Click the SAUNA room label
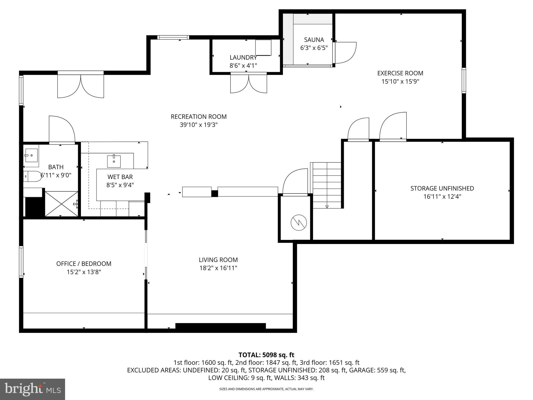[x=314, y=40]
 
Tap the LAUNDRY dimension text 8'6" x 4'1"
[x=243, y=66]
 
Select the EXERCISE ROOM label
[x=400, y=73]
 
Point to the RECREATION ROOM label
[x=199, y=117]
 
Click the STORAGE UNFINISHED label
[x=442, y=188]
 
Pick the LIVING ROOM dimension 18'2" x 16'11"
[x=218, y=268]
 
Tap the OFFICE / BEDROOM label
[x=84, y=264]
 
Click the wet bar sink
[x=114, y=161]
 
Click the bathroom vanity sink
[x=31, y=155]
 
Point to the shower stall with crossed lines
[x=61, y=204]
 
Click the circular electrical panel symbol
[x=299, y=223]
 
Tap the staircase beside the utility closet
[x=327, y=185]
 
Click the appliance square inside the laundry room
[x=263, y=47]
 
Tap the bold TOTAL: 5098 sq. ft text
[x=266, y=355]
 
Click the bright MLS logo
[x=33, y=389]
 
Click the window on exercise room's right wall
[x=464, y=80]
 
